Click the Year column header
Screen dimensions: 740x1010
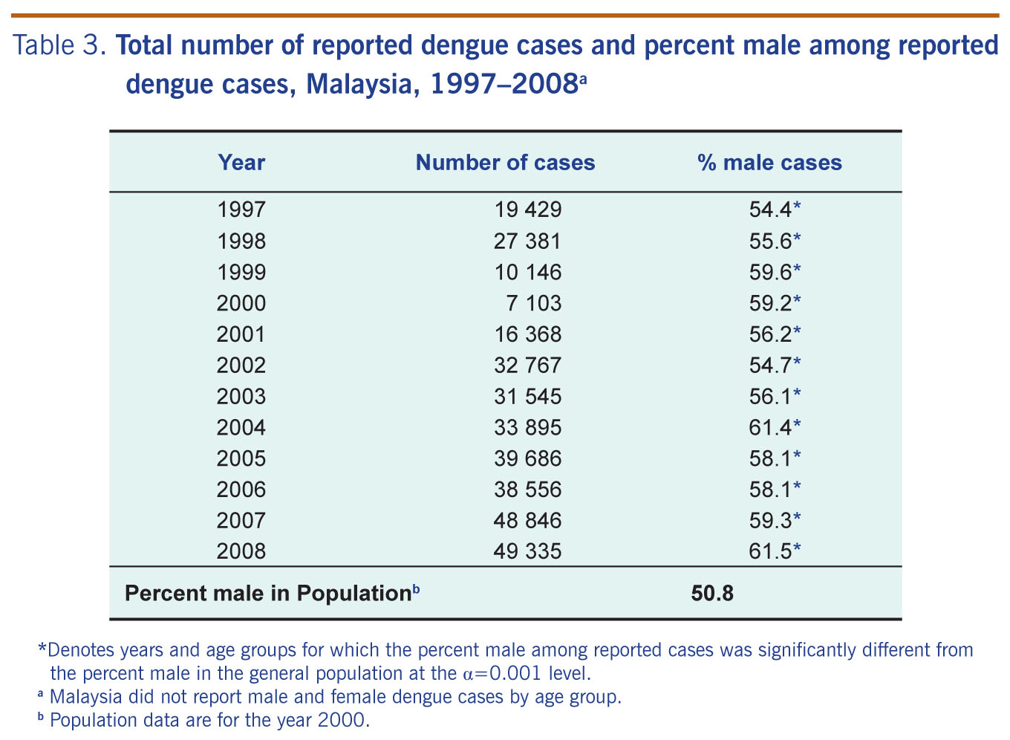tap(241, 163)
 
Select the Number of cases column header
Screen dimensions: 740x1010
tap(505, 163)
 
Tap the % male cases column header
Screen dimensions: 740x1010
tap(769, 163)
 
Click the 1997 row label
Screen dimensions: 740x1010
tap(241, 210)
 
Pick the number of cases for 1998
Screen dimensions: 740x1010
tap(528, 241)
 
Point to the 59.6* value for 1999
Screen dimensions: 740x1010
tap(775, 272)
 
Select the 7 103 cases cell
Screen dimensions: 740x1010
tap(539, 303)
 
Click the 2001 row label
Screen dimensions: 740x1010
tap(241, 334)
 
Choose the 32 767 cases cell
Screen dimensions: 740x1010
tap(528, 365)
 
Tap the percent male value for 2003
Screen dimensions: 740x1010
tap(775, 396)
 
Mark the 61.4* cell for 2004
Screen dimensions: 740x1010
tap(775, 427)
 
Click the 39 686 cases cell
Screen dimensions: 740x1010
tap(528, 458)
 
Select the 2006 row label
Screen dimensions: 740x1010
tap(241, 489)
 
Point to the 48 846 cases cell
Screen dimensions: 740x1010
tap(528, 520)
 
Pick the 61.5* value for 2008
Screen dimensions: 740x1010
tap(775, 551)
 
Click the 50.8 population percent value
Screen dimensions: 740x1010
tap(712, 594)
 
